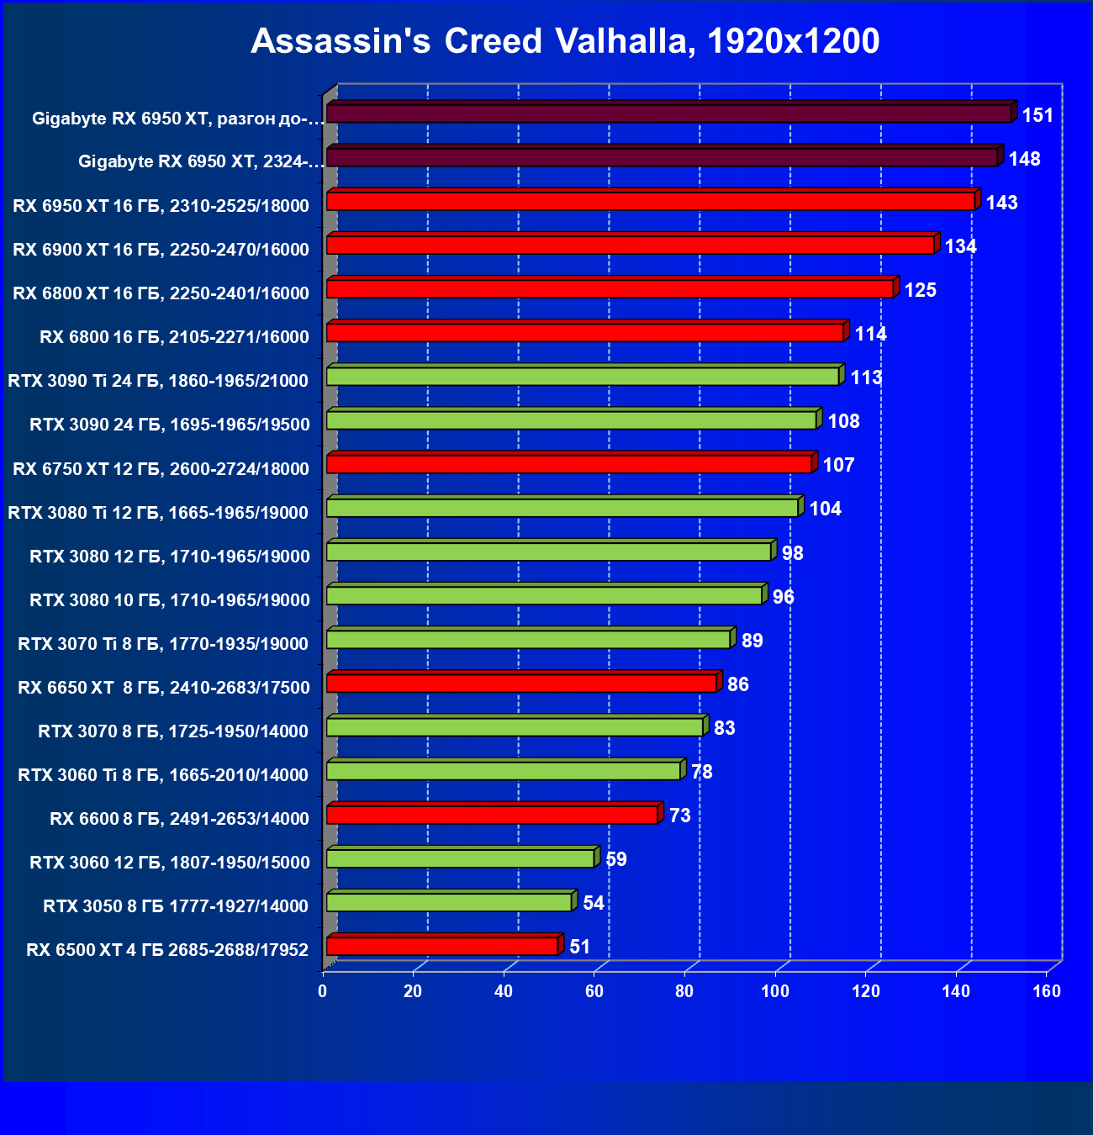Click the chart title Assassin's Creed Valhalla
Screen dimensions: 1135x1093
565,41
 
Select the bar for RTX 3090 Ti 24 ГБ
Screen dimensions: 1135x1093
583,377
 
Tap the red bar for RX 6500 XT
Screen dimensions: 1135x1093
442,947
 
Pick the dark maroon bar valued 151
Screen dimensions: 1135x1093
668,113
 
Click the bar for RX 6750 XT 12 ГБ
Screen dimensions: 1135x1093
569,464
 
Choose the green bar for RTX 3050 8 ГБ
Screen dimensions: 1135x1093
449,902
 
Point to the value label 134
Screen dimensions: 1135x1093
960,246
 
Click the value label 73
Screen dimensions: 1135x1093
679,816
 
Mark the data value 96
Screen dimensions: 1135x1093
783,597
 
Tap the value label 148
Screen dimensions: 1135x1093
1024,159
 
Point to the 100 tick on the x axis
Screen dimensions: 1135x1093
775,991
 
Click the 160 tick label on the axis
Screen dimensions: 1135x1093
1047,991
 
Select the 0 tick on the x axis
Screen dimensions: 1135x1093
323,991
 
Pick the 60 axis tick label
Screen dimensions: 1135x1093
594,991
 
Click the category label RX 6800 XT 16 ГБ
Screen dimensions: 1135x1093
161,293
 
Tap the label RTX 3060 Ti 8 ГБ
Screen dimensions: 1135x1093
163,775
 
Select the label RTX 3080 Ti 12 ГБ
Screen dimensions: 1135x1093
158,513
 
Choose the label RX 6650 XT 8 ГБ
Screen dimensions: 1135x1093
164,688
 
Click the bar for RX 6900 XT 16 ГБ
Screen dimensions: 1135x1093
631,245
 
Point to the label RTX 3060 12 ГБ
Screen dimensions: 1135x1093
170,863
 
